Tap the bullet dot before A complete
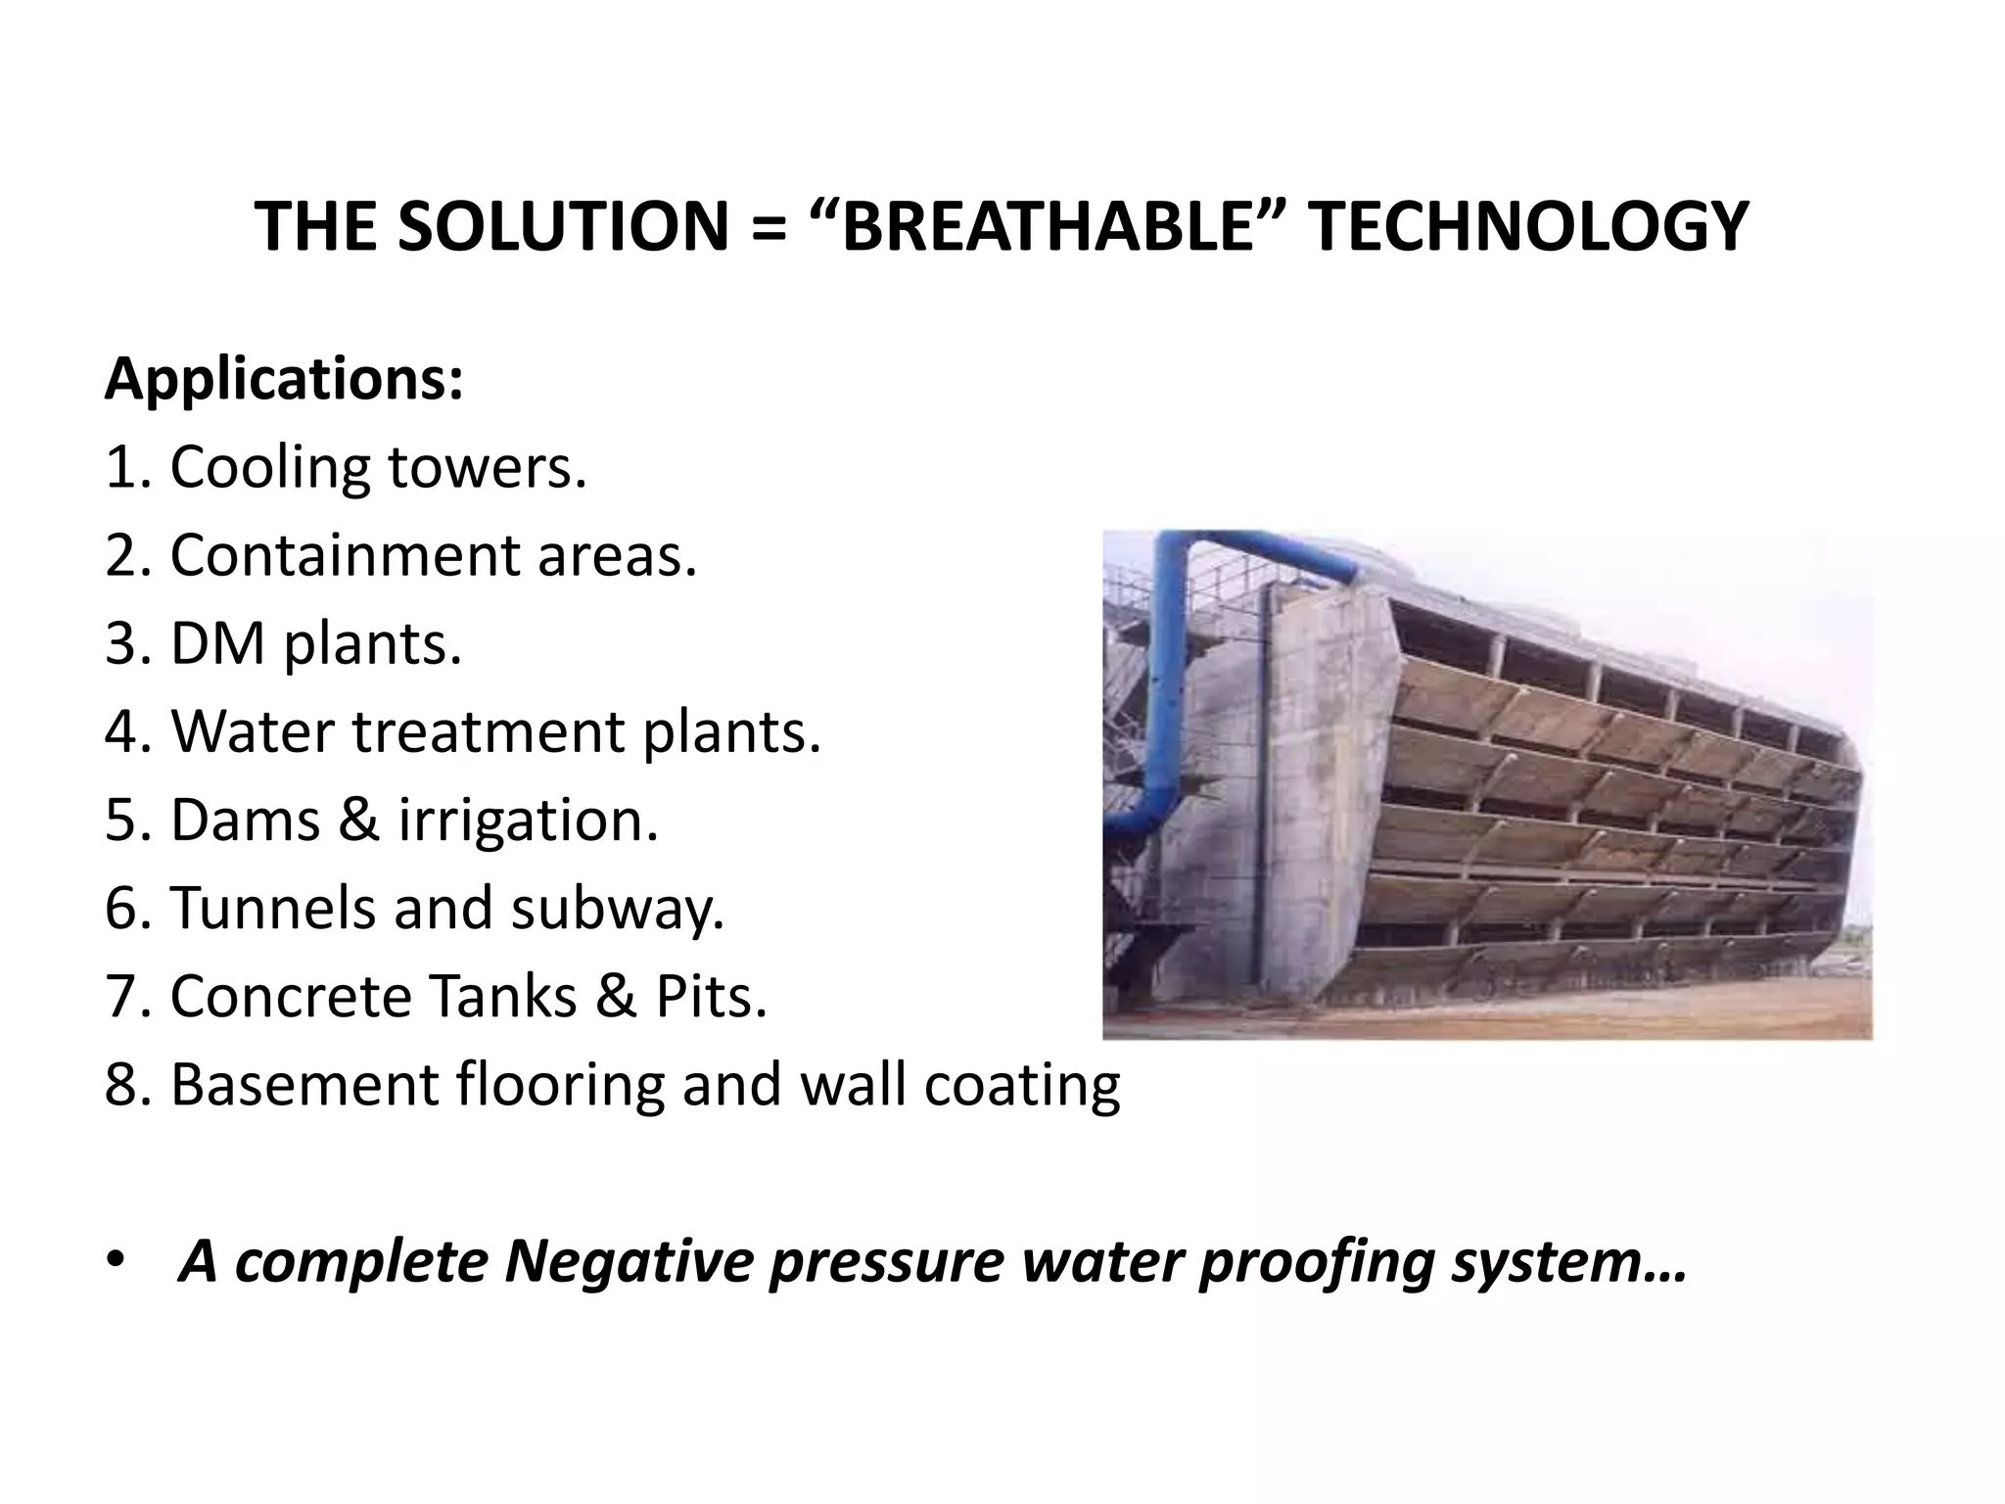(117, 1260)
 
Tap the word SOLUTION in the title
(562, 227)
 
